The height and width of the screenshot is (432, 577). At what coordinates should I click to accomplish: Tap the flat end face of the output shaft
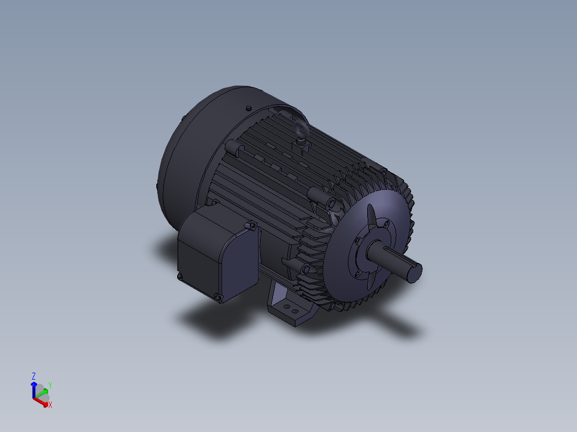pyautogui.click(x=414, y=273)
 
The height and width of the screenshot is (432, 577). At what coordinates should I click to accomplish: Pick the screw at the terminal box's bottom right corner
pyautogui.click(x=218, y=297)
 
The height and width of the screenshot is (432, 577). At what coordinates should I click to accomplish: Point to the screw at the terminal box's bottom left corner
pyautogui.click(x=179, y=276)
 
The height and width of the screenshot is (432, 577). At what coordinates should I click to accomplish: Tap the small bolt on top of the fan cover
pyautogui.click(x=248, y=108)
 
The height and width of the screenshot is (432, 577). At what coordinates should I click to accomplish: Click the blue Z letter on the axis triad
pyautogui.click(x=34, y=376)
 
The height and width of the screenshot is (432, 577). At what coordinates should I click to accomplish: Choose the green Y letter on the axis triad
pyautogui.click(x=50, y=385)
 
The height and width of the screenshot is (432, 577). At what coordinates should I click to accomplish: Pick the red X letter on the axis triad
pyautogui.click(x=50, y=405)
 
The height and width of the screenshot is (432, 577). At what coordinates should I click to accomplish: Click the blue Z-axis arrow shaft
pyautogui.click(x=34, y=390)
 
